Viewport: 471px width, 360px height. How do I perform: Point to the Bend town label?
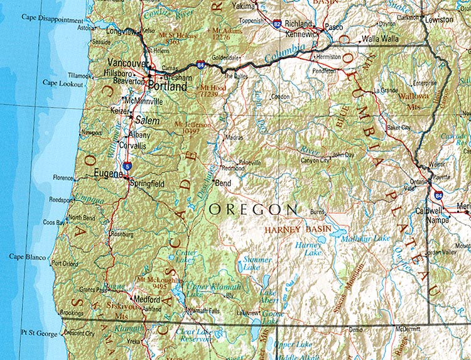click(223, 184)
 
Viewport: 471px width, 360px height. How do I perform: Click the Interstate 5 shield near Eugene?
click(128, 166)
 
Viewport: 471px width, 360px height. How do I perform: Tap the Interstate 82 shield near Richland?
click(277, 24)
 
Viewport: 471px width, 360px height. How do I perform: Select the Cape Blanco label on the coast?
click(26, 256)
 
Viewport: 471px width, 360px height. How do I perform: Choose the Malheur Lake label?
click(364, 238)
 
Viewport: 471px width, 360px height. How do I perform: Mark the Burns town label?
click(318, 212)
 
